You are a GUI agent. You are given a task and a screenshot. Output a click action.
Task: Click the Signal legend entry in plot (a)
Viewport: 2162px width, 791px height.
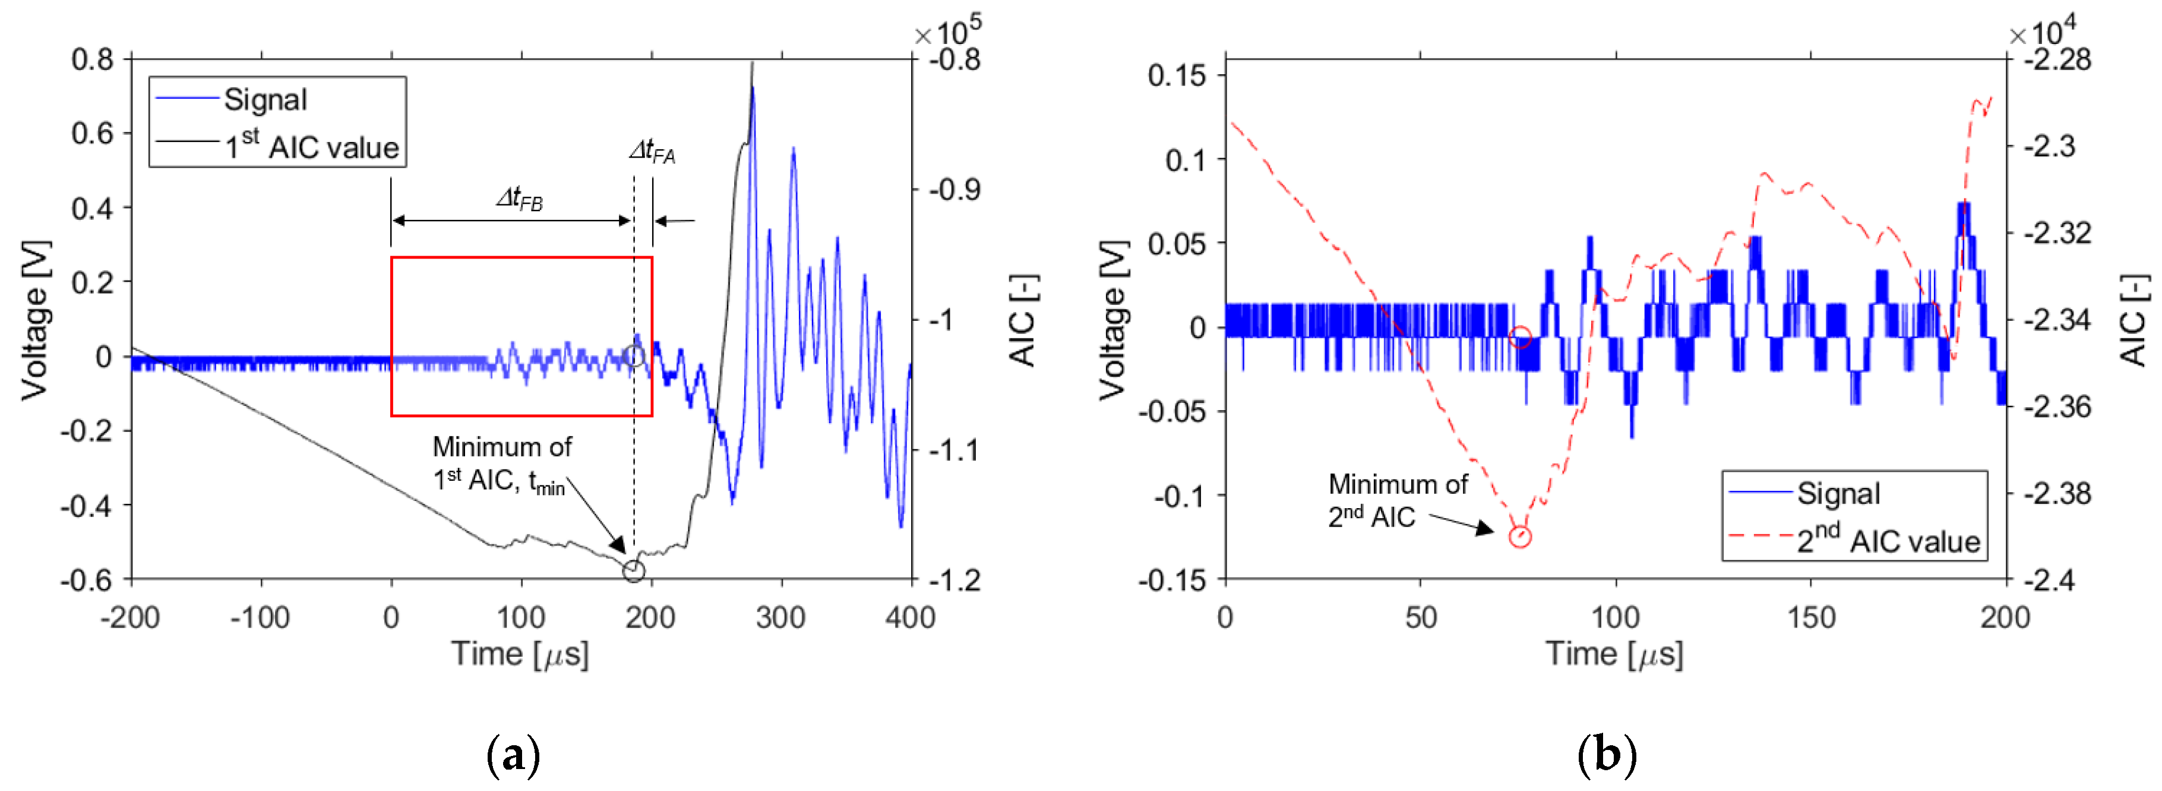point(264,100)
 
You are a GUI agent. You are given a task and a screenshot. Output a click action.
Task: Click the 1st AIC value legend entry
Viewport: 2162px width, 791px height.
point(311,146)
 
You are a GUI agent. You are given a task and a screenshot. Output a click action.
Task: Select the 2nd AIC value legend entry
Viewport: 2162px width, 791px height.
point(1888,540)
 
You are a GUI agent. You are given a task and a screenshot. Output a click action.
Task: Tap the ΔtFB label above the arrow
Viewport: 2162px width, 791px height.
point(520,199)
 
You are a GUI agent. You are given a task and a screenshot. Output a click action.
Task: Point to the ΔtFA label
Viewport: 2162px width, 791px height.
point(652,151)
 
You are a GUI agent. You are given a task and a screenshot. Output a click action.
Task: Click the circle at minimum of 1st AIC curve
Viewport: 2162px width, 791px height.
point(634,571)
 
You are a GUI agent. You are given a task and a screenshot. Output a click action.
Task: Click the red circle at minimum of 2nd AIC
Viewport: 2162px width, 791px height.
point(1519,535)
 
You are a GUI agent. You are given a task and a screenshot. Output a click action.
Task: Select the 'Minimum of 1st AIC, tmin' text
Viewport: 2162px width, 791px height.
point(502,464)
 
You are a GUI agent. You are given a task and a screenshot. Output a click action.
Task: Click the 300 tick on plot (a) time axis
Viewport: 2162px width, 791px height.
point(780,618)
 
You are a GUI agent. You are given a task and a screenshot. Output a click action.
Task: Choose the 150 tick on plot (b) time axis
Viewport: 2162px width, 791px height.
point(1810,618)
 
